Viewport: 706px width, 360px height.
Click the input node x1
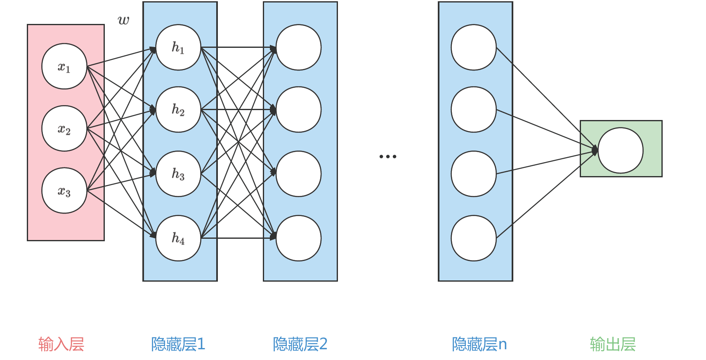click(64, 66)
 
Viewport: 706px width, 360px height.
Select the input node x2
click(64, 129)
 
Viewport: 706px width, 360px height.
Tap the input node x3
click(64, 191)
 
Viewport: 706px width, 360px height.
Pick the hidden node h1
click(178, 47)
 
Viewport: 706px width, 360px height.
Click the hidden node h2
click(178, 109)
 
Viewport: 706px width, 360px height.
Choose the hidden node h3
click(178, 174)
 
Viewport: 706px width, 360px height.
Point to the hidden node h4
click(178, 238)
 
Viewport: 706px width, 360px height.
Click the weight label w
click(123, 20)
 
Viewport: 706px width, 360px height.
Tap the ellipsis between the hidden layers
click(388, 156)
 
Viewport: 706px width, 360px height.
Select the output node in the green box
click(621, 151)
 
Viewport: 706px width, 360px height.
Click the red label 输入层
click(61, 344)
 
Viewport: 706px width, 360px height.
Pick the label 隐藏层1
click(178, 344)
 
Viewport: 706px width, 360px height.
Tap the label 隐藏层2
click(300, 344)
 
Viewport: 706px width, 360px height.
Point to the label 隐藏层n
click(479, 344)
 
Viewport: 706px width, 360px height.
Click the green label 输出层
click(613, 344)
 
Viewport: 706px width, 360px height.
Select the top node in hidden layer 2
click(298, 47)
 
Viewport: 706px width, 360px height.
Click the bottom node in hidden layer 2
click(298, 238)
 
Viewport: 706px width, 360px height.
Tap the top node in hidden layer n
click(474, 47)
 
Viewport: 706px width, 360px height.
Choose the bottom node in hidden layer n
click(474, 238)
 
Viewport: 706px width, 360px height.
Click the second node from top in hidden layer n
click(474, 109)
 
